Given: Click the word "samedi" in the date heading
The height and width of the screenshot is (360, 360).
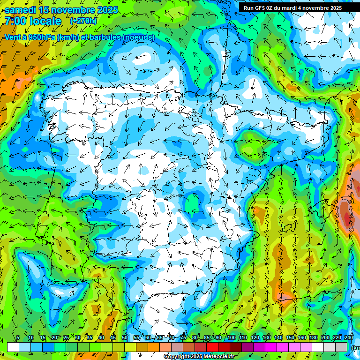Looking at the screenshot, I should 21,10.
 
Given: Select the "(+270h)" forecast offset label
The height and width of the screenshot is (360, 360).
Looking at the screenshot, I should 84,21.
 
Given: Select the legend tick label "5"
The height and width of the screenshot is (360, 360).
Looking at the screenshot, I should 18,337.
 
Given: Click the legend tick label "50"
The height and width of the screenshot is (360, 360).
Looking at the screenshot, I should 125,337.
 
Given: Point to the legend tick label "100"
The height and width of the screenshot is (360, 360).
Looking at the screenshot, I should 232,337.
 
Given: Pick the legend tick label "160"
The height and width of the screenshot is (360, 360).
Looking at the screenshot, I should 302,337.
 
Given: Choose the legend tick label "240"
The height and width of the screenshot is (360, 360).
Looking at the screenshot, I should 349,337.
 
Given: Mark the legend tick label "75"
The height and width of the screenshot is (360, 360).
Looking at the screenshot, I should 183,337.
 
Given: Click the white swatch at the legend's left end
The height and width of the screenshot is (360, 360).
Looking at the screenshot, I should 13,347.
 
